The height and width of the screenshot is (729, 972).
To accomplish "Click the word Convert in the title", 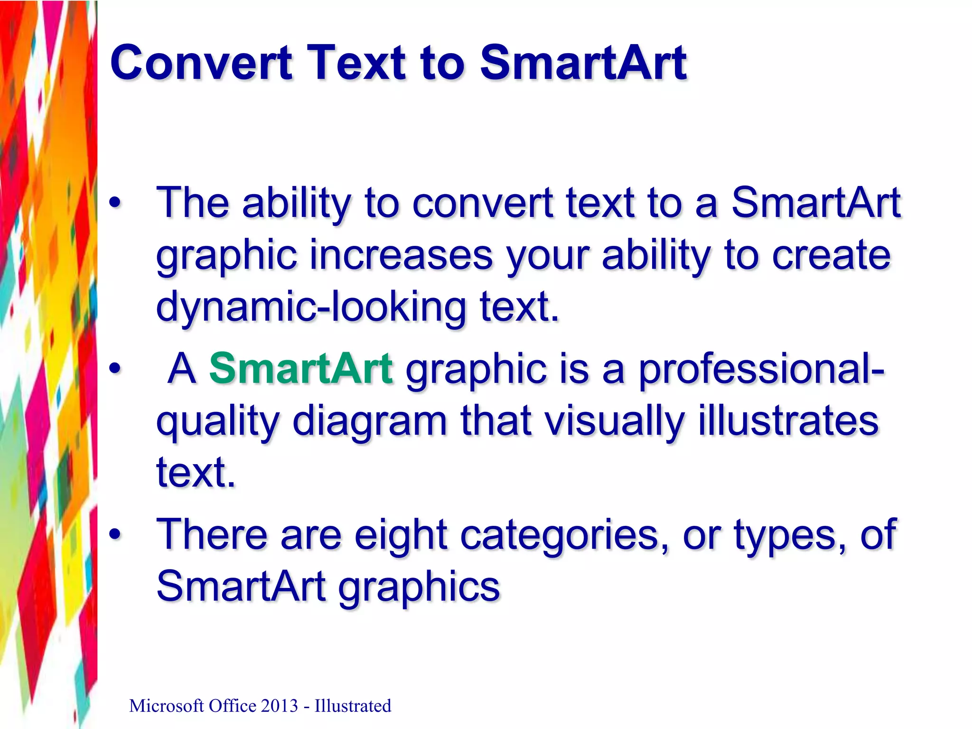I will (x=201, y=63).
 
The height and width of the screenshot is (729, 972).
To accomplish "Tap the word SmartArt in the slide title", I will (x=583, y=63).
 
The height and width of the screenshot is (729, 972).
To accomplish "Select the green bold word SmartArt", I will (x=301, y=369).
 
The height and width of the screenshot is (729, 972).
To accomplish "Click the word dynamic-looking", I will (x=311, y=307).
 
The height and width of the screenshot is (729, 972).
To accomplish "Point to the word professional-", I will (x=761, y=370).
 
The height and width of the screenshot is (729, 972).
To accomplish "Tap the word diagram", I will (x=370, y=421).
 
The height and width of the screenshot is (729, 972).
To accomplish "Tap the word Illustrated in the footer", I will (x=353, y=706).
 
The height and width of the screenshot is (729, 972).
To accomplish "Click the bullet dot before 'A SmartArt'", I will (x=114, y=369).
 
